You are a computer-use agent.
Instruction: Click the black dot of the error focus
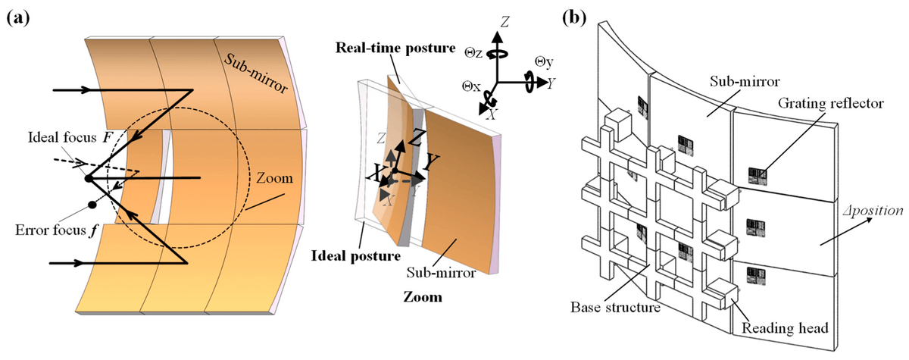[92, 205]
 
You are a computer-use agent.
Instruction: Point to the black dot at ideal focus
[88, 179]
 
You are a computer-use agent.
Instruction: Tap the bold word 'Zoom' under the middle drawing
[424, 297]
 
